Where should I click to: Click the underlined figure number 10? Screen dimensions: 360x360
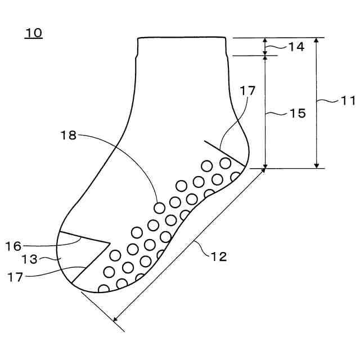point(33,33)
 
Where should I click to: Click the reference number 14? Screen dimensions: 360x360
point(296,47)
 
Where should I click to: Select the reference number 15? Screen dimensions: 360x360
point(298,113)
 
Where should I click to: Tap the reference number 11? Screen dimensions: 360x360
point(348,101)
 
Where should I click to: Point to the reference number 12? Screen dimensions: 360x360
point(219,256)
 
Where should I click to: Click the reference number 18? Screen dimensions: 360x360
point(69,135)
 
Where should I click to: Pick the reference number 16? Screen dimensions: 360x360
point(13,246)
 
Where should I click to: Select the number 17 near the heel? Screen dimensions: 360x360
point(247,90)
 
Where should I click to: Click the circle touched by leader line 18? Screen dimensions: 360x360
point(160,208)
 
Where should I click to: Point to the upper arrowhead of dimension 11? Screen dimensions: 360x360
point(317,40)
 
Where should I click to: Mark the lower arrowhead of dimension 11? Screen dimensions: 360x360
point(317,165)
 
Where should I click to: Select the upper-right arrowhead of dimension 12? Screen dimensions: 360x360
point(263,172)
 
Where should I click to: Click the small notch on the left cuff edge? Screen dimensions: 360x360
point(137,56)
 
